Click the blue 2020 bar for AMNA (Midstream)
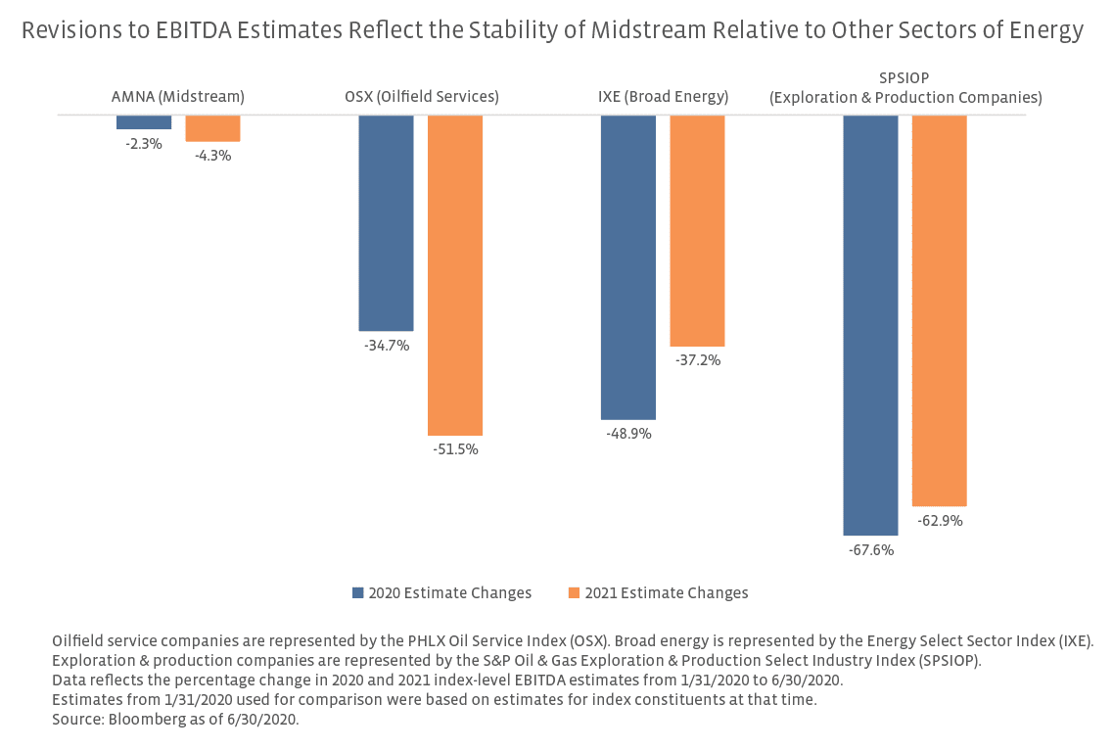144,122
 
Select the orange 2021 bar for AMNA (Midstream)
212,128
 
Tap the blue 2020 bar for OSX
386,223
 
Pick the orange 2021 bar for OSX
455,275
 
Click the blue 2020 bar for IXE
628,267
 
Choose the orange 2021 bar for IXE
697,231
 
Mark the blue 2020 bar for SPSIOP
870,325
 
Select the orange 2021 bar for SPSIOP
940,310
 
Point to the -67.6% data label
871,550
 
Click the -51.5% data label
455,449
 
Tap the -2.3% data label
144,144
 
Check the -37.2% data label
698,360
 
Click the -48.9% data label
628,434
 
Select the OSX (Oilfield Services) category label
422,97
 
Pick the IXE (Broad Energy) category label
663,97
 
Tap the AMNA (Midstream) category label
177,97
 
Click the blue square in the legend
358,593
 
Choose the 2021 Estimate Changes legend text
667,593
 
